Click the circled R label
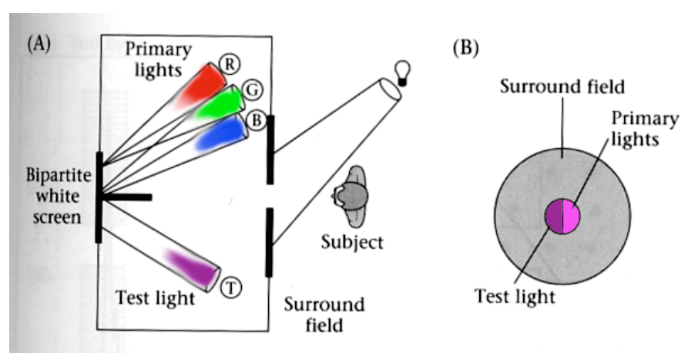(229, 64)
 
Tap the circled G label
(249, 90)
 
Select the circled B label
(257, 120)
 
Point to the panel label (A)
(39, 43)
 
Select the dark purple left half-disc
(555, 216)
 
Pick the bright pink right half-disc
(572, 216)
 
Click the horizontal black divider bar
(127, 197)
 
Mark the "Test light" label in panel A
(155, 297)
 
